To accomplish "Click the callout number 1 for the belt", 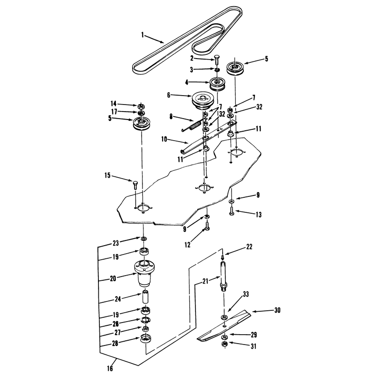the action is pos(143,35).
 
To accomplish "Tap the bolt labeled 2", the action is pos(217,60).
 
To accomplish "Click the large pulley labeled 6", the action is pos(202,100).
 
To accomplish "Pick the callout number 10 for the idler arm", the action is pos(164,139).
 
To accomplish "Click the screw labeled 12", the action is pos(207,226).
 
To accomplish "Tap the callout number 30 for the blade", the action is pos(277,310).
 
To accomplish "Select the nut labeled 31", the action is pos(225,345).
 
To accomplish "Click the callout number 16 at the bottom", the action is pos(110,368).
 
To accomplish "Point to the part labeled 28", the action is pos(146,338).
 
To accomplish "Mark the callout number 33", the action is pos(246,294).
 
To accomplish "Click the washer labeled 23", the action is pos(144,239).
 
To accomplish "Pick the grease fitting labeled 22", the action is pos(222,257).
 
